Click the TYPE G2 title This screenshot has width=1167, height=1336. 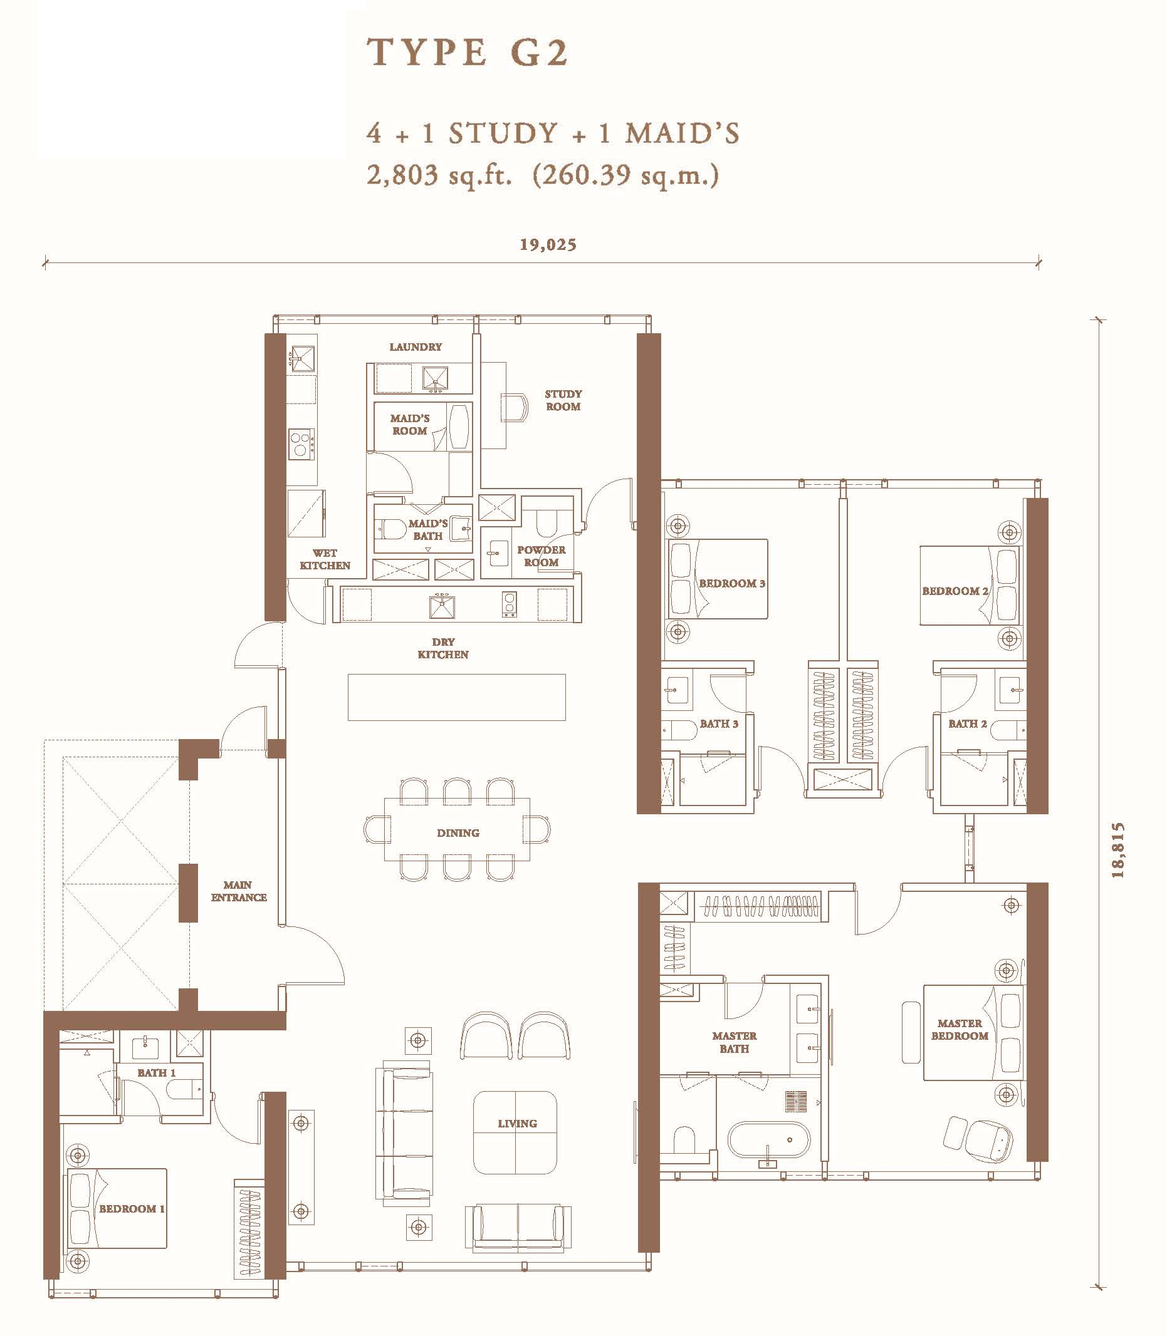point(468,53)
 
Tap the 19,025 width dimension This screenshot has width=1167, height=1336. point(548,245)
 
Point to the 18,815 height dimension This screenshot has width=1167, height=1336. point(1117,851)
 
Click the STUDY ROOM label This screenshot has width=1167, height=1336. point(563,400)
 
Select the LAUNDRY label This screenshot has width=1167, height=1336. point(416,347)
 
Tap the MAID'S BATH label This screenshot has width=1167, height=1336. point(428,530)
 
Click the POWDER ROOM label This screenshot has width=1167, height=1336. point(541,556)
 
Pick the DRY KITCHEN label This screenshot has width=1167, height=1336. point(443,648)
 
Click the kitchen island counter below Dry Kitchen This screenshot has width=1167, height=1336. point(456,697)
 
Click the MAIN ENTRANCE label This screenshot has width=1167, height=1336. point(238,891)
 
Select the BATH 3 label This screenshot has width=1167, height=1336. point(719,723)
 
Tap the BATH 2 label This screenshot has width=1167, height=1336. point(967,723)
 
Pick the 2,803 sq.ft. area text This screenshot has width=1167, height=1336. point(439,175)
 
